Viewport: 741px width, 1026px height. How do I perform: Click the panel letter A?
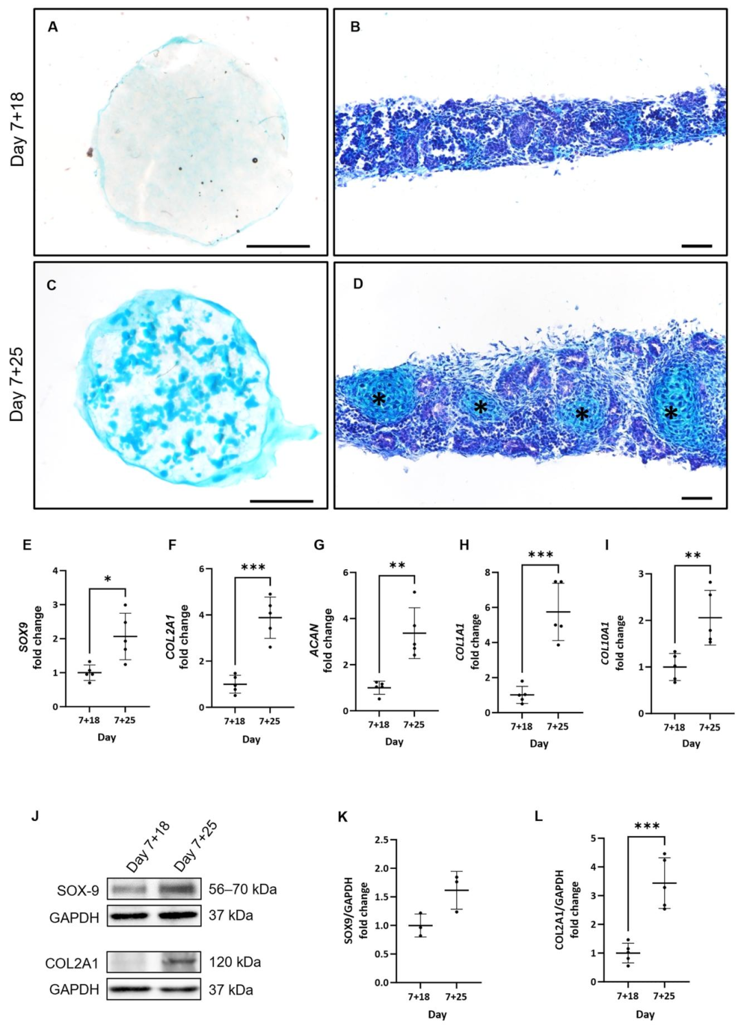coord(53,27)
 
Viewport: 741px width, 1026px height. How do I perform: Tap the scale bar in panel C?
coord(281,501)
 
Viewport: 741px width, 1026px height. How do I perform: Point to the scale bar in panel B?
coord(696,245)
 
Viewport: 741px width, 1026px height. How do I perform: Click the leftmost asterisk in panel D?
coord(379,399)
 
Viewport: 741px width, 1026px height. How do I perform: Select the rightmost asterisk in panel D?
coord(670,413)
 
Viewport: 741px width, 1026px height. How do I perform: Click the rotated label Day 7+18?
coord(18,130)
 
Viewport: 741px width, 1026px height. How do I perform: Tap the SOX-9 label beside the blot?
coord(78,891)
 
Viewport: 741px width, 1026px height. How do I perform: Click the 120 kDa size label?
coord(235,962)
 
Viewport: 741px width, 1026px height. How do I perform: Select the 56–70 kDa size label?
coord(242,890)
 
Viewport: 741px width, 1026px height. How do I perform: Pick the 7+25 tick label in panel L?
coord(663,996)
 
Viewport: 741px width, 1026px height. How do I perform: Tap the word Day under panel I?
coord(691,743)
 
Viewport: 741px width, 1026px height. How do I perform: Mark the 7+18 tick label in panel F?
coord(235,721)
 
